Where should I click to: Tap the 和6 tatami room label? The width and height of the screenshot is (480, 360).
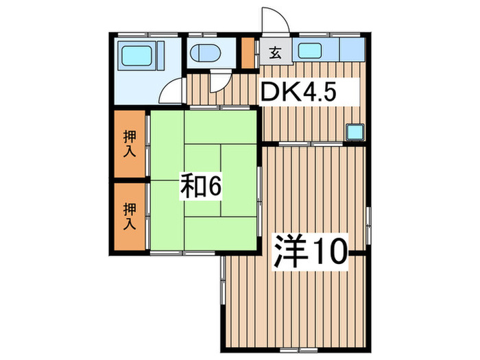[x=202, y=187]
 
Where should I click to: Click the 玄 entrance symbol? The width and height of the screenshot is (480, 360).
[x=274, y=53]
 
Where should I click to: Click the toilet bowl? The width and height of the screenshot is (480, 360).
[x=204, y=53]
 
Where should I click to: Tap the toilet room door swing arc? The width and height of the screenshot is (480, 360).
[x=219, y=82]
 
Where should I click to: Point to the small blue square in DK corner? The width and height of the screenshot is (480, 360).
[x=355, y=131]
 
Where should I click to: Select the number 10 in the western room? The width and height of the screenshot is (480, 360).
[x=331, y=252]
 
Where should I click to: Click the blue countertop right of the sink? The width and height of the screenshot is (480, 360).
[x=352, y=51]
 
